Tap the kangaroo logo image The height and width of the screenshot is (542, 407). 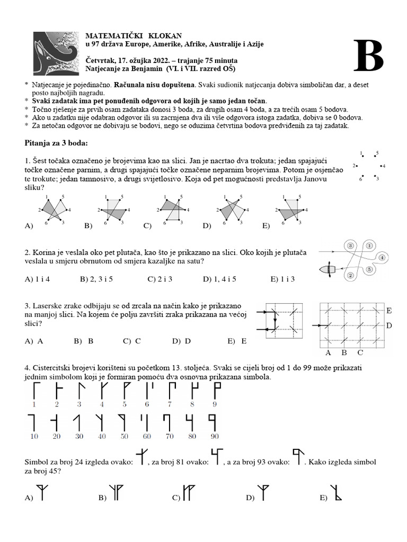(55, 52)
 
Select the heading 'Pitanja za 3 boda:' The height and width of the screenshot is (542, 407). (57, 143)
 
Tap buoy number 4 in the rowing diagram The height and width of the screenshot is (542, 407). (382, 258)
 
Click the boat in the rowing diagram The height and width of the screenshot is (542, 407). (328, 269)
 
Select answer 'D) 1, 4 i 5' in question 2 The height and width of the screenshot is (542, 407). (219, 278)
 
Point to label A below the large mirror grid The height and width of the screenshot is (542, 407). (328, 353)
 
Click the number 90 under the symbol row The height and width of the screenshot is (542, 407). (214, 436)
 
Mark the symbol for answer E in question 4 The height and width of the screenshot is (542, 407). (336, 493)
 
